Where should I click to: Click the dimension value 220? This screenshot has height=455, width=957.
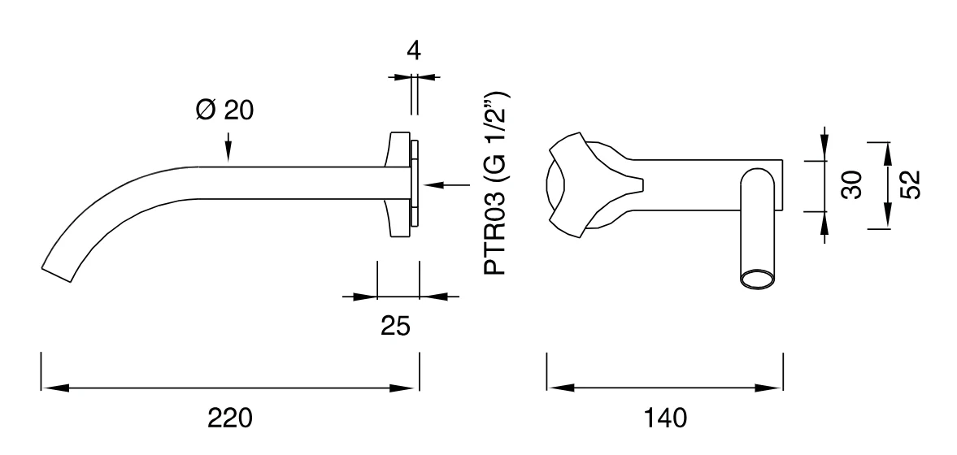point(230,418)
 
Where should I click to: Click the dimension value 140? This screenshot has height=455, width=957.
point(665,418)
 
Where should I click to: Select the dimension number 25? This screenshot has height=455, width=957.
point(395,327)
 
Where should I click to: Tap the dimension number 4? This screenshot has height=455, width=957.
point(414,51)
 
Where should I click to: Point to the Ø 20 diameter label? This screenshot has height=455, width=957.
point(224,110)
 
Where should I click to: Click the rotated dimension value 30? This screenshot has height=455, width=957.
point(852,184)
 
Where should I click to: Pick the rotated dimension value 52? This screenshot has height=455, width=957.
point(909,184)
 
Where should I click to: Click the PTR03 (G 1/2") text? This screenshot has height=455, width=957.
point(495,183)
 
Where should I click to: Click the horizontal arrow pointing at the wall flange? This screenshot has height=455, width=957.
point(446,184)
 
